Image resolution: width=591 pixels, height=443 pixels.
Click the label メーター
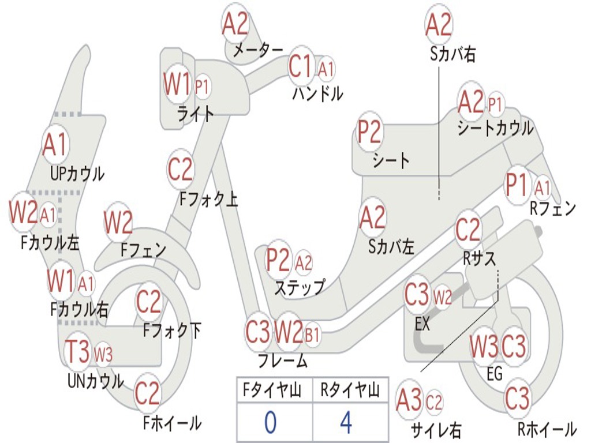click(x=258, y=51)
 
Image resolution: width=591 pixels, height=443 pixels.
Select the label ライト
click(x=196, y=114)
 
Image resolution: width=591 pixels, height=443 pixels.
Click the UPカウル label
click(x=77, y=173)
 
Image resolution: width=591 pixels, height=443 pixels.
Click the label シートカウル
click(x=495, y=128)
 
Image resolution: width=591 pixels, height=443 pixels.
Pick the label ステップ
click(x=299, y=287)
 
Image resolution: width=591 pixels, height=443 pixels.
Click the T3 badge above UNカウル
click(x=77, y=351)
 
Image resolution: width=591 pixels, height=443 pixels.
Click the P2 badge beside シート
click(x=369, y=132)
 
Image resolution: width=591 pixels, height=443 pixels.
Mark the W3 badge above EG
click(x=484, y=347)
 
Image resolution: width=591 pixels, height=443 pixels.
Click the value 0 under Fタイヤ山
click(x=270, y=423)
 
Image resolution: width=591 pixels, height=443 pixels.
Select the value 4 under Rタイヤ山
click(x=346, y=423)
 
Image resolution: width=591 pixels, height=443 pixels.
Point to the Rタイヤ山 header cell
click(x=350, y=391)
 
